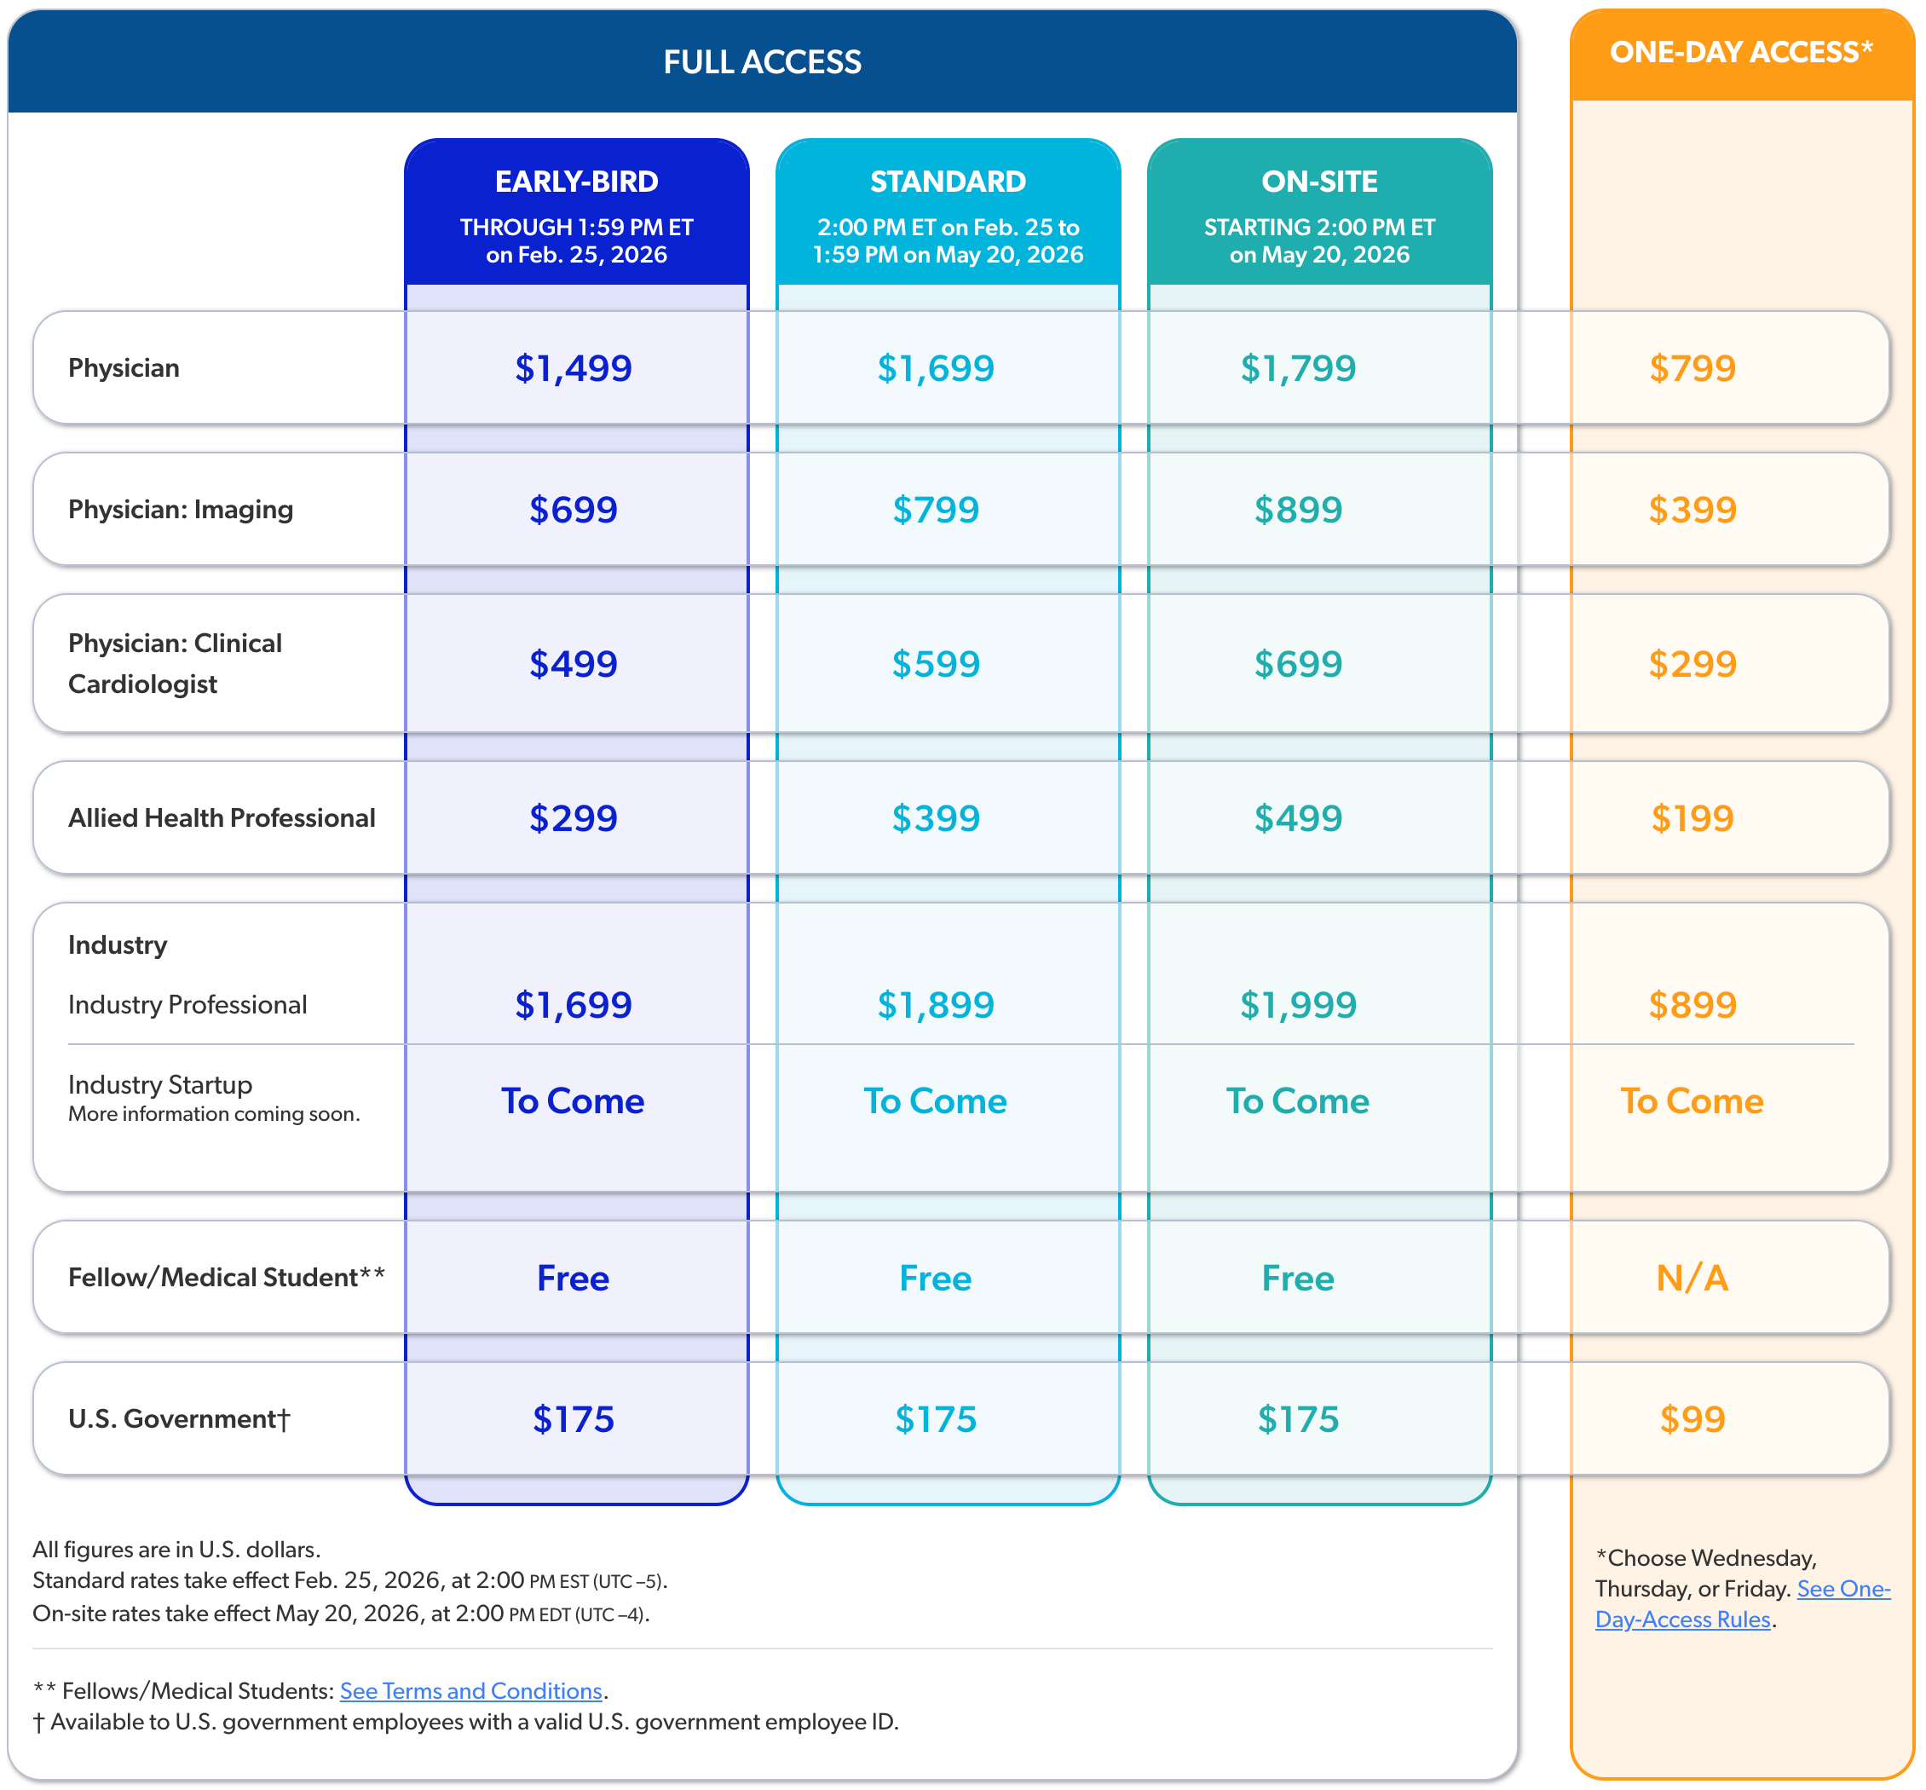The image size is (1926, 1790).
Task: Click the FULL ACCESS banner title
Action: pyautogui.click(x=762, y=62)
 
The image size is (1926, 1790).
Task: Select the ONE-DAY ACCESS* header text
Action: pyautogui.click(x=1741, y=52)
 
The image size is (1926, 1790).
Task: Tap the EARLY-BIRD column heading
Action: pyautogui.click(x=576, y=181)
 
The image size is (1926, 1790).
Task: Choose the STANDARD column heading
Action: pyautogui.click(x=947, y=181)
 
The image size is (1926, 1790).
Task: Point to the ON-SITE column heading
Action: pyautogui.click(x=1319, y=181)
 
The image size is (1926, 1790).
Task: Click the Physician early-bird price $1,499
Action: pyautogui.click(x=574, y=368)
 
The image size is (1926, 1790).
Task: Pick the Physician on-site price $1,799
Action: pyautogui.click(x=1298, y=368)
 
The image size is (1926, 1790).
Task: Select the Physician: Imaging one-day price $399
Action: pyautogui.click(x=1692, y=510)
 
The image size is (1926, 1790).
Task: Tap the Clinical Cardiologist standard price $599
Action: pyautogui.click(x=936, y=663)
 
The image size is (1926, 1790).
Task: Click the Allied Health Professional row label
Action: pyautogui.click(x=222, y=817)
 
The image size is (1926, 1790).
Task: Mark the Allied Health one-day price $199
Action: pyautogui.click(x=1692, y=817)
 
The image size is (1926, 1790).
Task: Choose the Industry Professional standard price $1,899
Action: pyautogui.click(x=936, y=1004)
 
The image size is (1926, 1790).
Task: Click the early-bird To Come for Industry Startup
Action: pyautogui.click(x=574, y=1100)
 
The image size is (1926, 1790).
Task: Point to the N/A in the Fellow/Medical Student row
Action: pyautogui.click(x=1692, y=1278)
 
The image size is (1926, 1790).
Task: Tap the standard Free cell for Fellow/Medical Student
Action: pyautogui.click(x=936, y=1278)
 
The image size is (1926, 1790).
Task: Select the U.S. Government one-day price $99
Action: pyautogui.click(x=1692, y=1419)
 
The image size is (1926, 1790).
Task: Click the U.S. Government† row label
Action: pyautogui.click(x=179, y=1419)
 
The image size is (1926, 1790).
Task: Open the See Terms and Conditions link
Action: pyautogui.click(x=470, y=1690)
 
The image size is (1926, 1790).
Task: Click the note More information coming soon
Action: pyautogui.click(x=214, y=1114)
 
